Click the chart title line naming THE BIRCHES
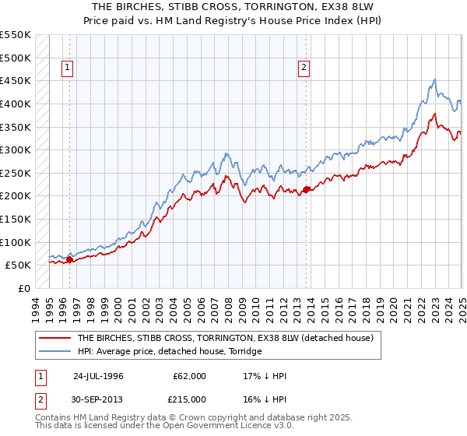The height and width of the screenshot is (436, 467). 233,7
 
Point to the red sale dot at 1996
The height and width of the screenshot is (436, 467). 69,259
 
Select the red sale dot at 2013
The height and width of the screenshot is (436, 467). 306,188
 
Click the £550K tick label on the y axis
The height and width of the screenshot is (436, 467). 16,35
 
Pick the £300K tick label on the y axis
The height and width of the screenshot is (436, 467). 16,149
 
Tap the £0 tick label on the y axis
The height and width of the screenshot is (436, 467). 26,288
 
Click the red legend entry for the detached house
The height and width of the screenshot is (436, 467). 226,338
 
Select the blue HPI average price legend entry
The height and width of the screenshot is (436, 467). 170,351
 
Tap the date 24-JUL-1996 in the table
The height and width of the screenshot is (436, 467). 99,376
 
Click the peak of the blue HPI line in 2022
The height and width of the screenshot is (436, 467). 434,79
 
